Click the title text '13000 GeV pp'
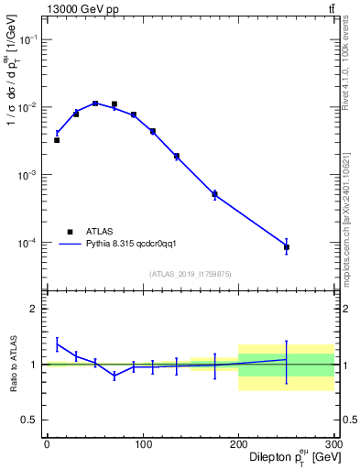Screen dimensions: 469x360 pos(78,9)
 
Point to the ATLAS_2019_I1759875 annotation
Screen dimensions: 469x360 pos(190,273)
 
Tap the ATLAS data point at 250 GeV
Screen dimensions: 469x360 pos(287,247)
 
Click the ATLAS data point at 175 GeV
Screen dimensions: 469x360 pos(214,194)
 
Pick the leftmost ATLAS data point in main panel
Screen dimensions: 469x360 pos(57,140)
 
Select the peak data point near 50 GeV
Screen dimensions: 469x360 pos(95,104)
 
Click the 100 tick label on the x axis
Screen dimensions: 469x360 pos(142,444)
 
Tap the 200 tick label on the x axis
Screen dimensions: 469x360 pos(238,444)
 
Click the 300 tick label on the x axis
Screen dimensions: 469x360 pos(333,444)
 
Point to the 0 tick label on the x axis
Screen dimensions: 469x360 pos(47,444)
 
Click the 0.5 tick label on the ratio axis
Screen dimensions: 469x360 pos(30,420)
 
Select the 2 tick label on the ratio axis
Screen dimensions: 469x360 pos(35,309)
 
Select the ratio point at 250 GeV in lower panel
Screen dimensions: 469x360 pos(287,359)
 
